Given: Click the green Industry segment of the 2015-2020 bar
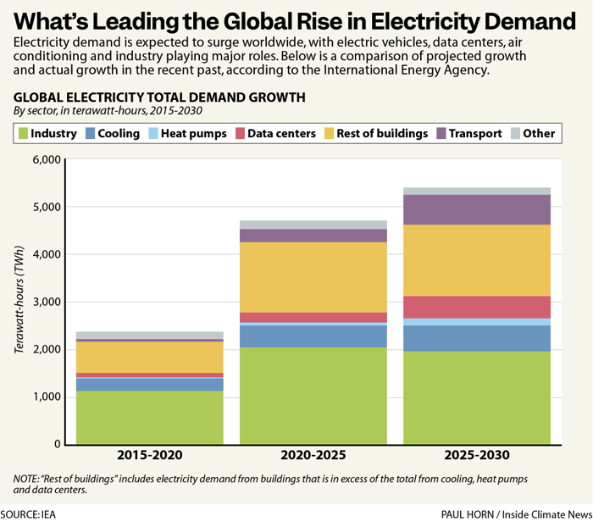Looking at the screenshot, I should tap(150, 417).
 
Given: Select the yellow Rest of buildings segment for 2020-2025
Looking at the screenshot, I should tap(313, 277).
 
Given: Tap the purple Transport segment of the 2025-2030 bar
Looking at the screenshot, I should tap(477, 209).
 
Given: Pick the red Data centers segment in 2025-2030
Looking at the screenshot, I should tap(477, 307).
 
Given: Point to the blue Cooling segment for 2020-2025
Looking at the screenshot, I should tap(313, 336).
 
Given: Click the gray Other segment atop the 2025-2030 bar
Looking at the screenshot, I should tap(477, 191).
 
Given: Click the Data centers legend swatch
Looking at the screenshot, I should tap(241, 133).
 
